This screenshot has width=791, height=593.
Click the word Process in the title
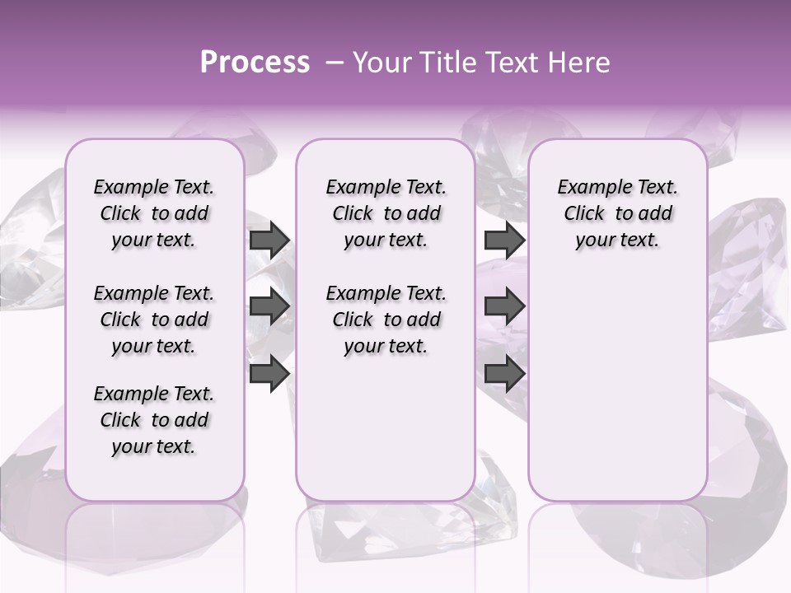[255, 63]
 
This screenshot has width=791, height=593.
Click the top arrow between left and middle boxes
[269, 240]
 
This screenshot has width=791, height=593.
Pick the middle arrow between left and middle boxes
[269, 307]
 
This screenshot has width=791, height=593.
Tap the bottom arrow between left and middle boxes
[269, 374]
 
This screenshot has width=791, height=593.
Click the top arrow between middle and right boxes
[504, 240]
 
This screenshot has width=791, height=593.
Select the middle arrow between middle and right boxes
[504, 307]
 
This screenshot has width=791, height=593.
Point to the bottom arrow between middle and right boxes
[504, 374]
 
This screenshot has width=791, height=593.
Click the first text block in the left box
[154, 213]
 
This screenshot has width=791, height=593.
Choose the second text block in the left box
[154, 320]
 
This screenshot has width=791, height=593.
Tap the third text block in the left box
[154, 420]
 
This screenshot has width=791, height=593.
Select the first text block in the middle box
[386, 213]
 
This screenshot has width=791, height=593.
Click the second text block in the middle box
[386, 320]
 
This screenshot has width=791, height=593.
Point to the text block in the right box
[617, 213]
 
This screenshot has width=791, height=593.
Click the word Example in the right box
[594, 188]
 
